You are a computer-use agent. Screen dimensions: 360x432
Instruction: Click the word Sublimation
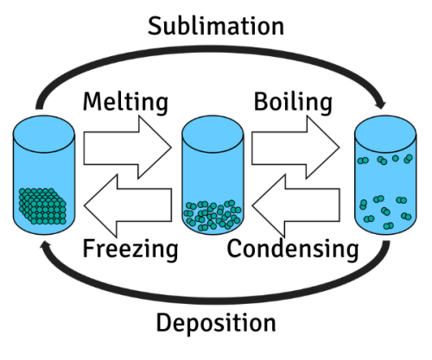216,25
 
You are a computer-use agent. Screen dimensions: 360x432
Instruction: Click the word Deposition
216,324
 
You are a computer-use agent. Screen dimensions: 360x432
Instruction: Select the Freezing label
130,250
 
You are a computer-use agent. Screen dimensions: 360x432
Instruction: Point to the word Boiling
293,102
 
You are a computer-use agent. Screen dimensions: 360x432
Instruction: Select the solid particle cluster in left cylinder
41,205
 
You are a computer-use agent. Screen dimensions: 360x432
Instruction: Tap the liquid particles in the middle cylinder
211,213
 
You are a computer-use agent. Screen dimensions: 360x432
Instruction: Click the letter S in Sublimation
156,25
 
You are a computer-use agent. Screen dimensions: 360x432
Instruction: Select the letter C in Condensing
234,250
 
